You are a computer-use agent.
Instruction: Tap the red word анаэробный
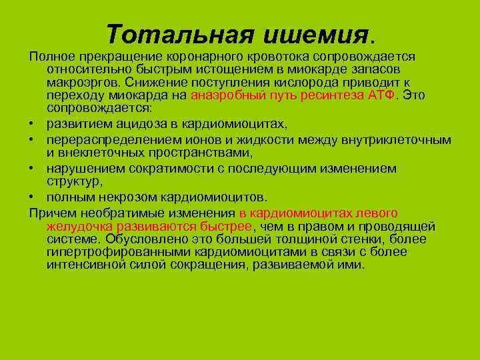pos(223,95)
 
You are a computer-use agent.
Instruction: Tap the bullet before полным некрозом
pos(33,198)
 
